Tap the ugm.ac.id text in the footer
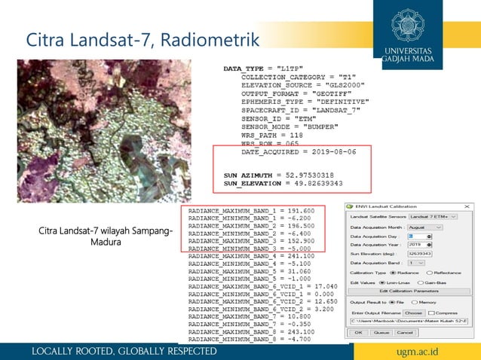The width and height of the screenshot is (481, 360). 438,352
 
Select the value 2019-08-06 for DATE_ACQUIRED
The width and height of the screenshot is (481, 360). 336,151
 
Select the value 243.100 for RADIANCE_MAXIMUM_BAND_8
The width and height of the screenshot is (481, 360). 302,331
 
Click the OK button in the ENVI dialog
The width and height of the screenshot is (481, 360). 359,332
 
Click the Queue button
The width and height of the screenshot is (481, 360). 381,332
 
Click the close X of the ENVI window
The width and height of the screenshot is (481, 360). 467,206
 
